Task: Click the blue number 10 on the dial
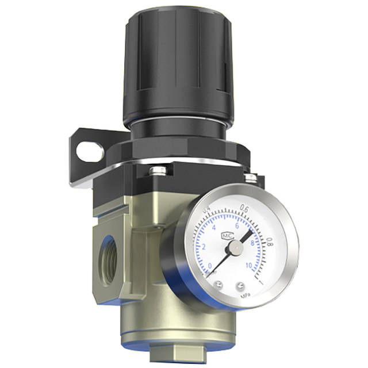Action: [x=248, y=266]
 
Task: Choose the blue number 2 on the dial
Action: [x=205, y=247]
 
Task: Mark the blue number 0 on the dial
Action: [x=209, y=266]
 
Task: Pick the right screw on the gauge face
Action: [x=240, y=285]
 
